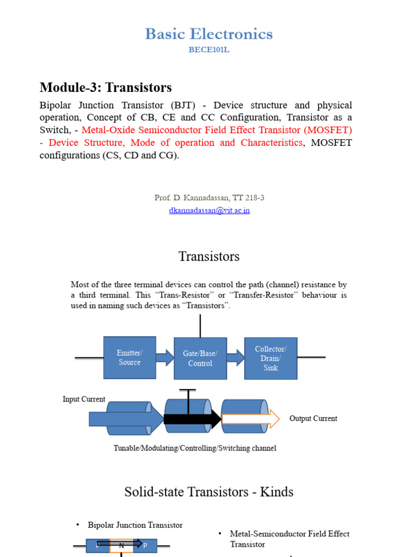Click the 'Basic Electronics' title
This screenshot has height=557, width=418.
[x=209, y=34]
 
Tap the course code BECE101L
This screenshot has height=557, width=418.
[x=209, y=50]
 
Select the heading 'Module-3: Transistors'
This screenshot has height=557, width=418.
[x=106, y=87]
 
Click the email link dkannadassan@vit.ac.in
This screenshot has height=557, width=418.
[x=209, y=211]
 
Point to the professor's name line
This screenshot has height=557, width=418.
[x=209, y=198]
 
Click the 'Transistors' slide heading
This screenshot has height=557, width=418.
[x=209, y=256]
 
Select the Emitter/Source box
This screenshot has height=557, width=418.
[x=130, y=357]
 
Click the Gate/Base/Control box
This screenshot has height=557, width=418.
[x=200, y=358]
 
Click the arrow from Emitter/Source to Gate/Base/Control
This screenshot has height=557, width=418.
[x=164, y=357]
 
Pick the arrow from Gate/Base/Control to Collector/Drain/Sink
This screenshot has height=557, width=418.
[x=235, y=357]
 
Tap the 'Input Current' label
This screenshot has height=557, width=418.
[x=84, y=399]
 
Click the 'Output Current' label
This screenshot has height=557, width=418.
[x=313, y=418]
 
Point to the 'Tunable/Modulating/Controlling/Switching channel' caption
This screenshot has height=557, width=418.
[x=195, y=448]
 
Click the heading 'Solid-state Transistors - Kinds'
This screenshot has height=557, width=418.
[x=209, y=492]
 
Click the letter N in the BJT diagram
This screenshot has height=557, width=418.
[x=121, y=544]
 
